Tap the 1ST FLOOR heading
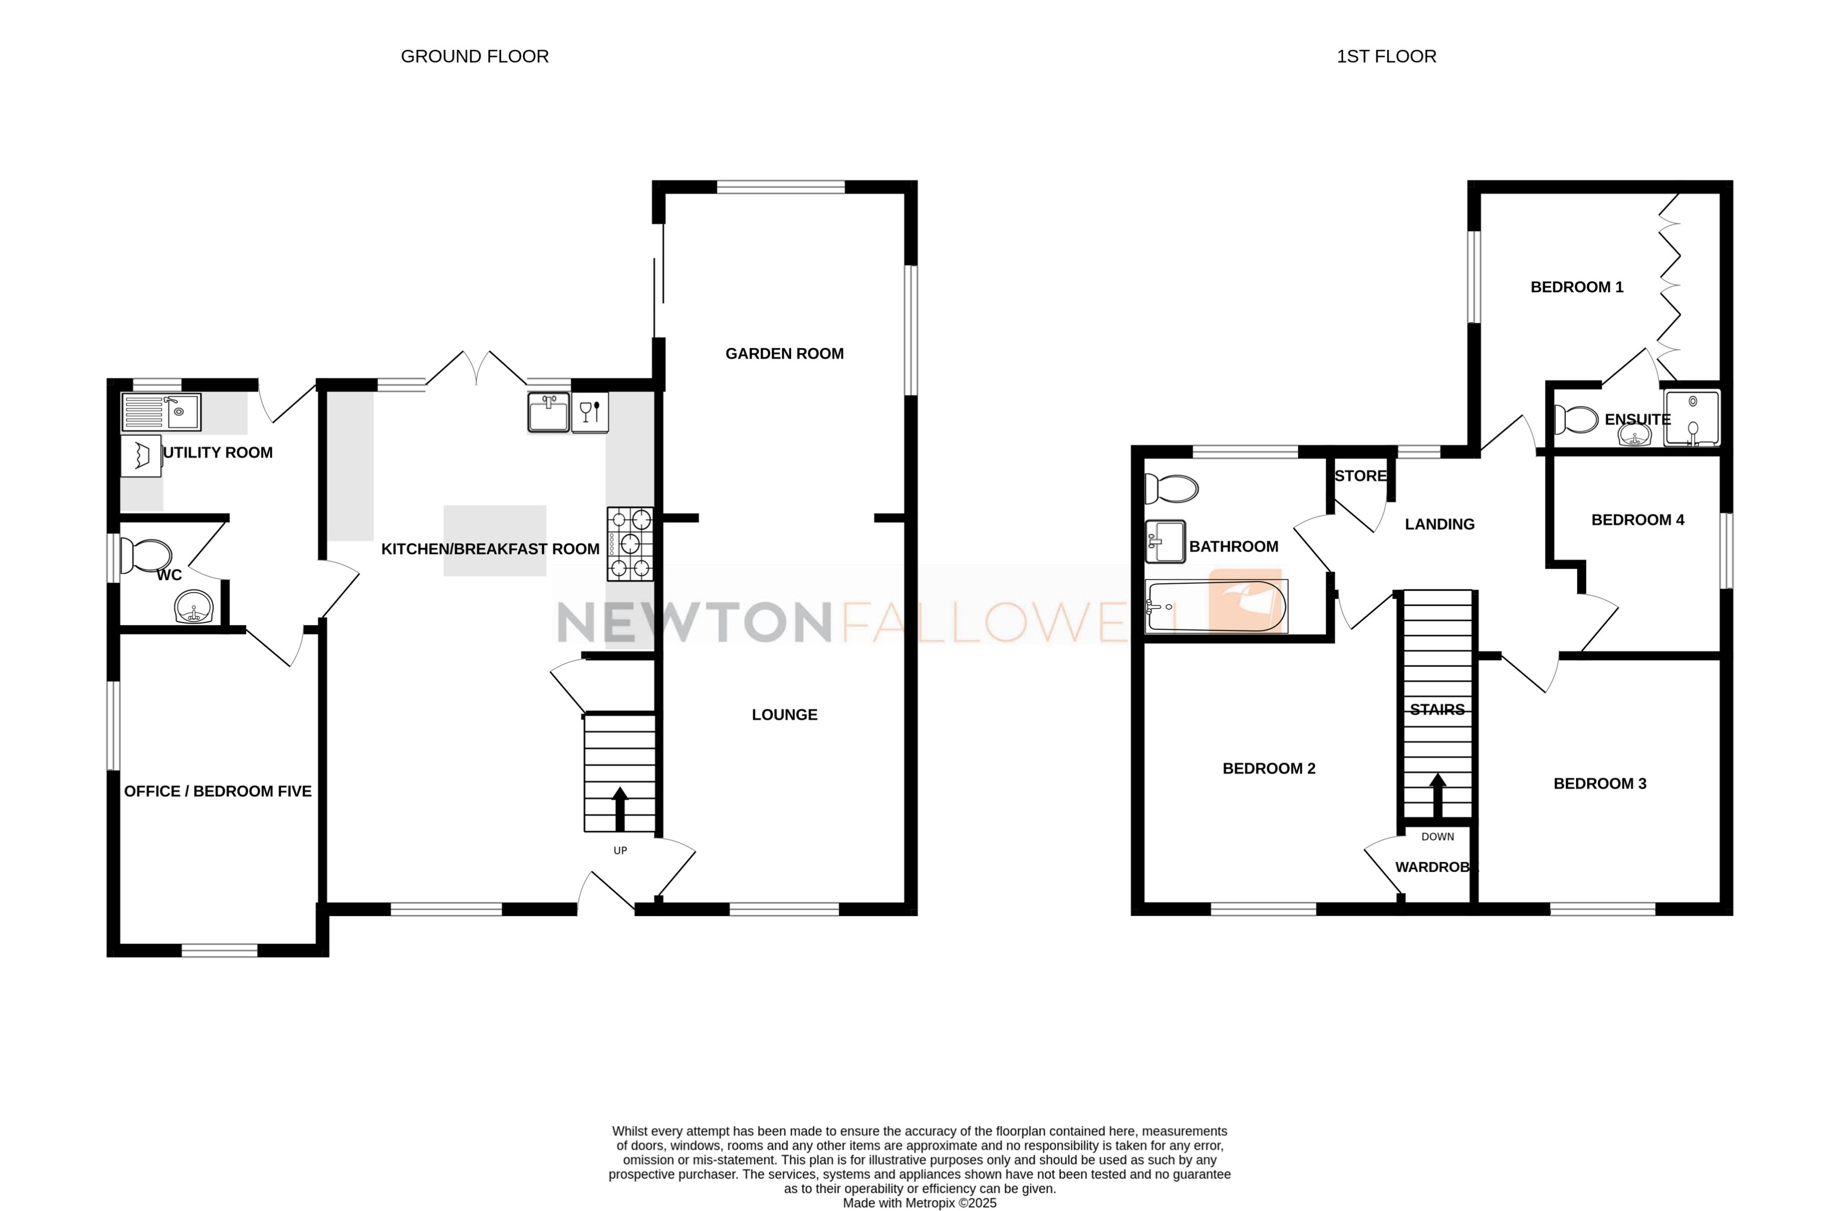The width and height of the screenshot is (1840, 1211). coord(1386,56)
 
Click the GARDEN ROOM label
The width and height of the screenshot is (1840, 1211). coord(784,353)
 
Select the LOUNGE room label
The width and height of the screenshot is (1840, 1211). coord(784,715)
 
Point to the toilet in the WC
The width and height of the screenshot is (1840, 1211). coord(147,556)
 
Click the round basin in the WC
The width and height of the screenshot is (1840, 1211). coord(193,607)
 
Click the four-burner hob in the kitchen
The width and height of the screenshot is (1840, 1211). coord(629,544)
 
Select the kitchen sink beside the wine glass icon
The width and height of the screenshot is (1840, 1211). coord(548,411)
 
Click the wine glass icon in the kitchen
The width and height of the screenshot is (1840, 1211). coord(590,411)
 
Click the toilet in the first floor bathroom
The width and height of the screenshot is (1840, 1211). coord(1170,489)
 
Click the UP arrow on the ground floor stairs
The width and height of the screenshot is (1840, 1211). coord(620,808)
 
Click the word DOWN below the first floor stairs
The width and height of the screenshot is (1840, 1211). coord(1437,837)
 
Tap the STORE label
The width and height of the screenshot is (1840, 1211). coord(1360,475)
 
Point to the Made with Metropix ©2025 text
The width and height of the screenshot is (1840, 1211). coord(919,1203)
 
